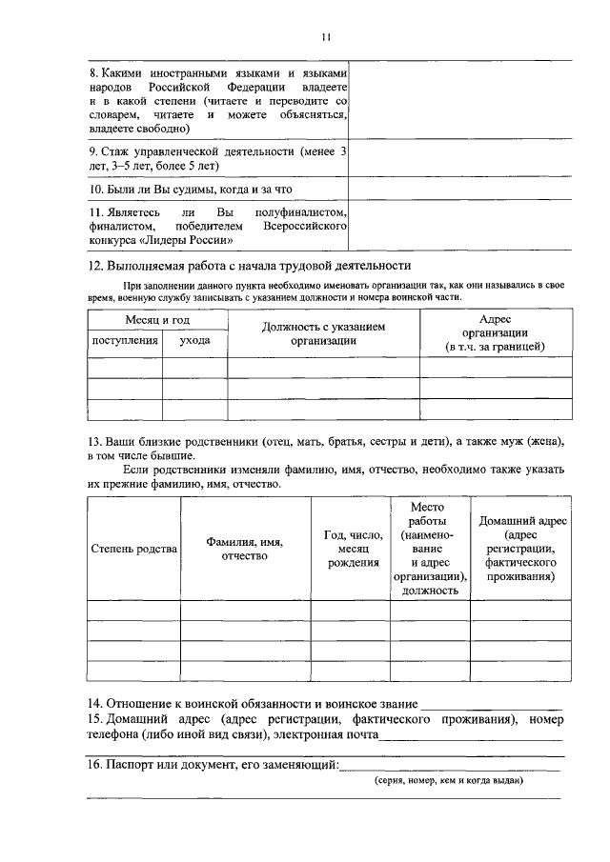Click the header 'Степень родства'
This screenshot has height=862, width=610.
133,549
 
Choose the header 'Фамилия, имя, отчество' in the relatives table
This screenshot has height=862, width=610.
245,549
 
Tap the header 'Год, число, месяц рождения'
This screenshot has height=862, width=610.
350,549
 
